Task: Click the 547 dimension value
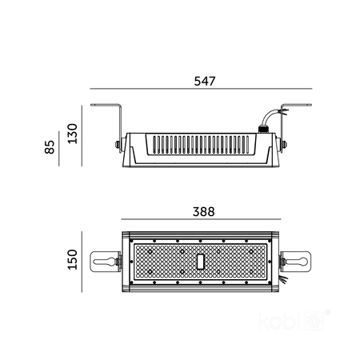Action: [206, 81]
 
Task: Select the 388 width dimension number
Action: [202, 213]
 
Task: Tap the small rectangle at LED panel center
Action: [202, 261]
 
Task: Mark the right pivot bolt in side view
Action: [284, 145]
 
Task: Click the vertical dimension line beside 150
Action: [83, 261]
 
